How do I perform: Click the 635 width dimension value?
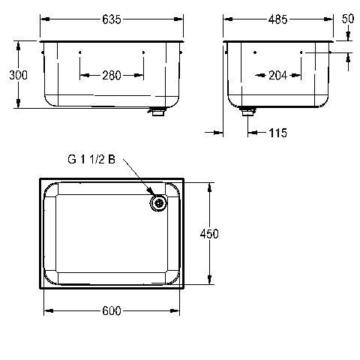[112, 19]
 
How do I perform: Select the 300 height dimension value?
[18, 75]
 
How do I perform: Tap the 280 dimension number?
[112, 75]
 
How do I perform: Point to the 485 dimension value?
[277, 19]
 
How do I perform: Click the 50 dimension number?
[348, 19]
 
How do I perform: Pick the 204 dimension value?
[278, 75]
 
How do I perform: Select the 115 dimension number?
[278, 133]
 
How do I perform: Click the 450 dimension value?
[209, 234]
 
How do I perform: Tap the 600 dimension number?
[112, 310]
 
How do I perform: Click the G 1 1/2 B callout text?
[91, 159]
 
